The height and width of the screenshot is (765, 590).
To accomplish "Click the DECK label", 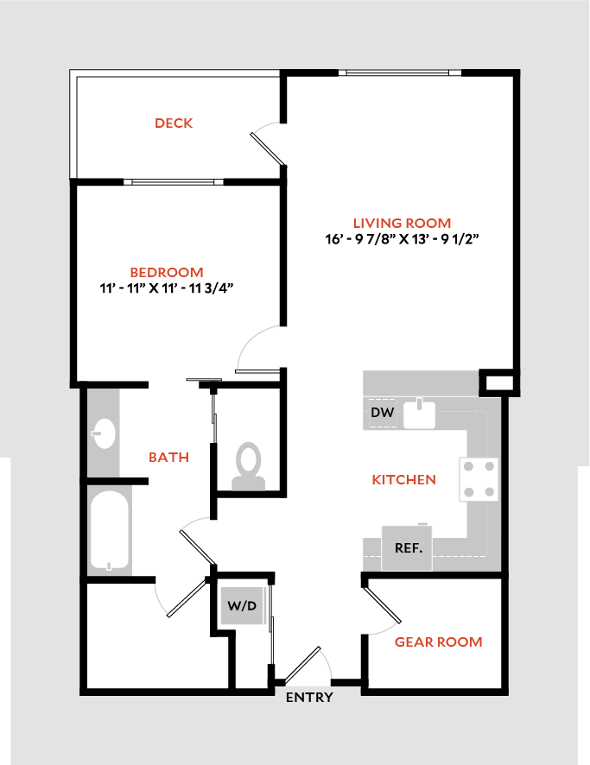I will tap(174, 123).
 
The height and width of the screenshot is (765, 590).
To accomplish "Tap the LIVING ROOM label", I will tap(402, 223).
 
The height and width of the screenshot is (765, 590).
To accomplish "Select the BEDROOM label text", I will tap(168, 272).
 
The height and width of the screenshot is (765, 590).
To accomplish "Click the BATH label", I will tap(168, 457).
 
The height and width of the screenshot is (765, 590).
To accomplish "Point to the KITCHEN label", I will tap(403, 479).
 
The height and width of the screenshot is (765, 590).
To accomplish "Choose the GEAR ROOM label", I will tap(438, 642).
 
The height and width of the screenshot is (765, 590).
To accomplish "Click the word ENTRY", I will tap(309, 698).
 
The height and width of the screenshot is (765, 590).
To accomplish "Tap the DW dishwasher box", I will tap(383, 413).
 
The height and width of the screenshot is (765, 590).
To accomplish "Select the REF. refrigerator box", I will tap(408, 547).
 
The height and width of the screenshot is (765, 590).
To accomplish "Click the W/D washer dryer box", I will tap(243, 606).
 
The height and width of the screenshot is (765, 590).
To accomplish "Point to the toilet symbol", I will tap(250, 466).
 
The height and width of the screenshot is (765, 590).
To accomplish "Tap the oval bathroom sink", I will tap(103, 434).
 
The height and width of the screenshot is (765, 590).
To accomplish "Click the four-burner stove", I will tap(480, 478).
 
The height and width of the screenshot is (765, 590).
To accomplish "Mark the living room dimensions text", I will tap(402, 239).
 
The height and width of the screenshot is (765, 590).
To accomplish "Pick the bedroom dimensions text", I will tap(168, 288).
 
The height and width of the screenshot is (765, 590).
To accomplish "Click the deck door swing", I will tap(269, 143).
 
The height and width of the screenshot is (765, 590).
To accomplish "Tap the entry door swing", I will tap(308, 665).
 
